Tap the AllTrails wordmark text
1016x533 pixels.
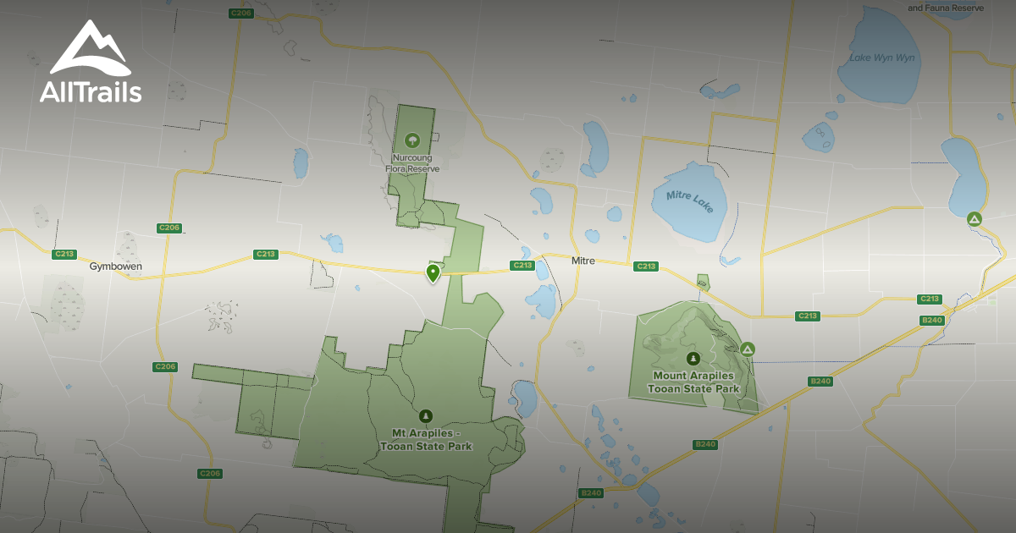91,91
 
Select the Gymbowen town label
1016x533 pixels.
116,266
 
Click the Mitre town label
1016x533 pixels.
583,261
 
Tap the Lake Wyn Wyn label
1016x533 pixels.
882,58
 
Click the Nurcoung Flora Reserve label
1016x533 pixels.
412,163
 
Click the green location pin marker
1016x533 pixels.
433,272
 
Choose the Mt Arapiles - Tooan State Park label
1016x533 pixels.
426,440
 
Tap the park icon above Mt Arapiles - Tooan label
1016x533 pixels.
426,415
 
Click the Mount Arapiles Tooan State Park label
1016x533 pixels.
693,382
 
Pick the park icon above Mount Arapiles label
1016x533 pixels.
693,358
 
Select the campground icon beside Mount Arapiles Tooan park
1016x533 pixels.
748,349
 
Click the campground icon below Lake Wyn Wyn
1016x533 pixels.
975,219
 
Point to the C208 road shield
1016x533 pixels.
241,13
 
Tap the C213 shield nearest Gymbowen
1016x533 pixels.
63,254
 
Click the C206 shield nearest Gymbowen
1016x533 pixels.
169,228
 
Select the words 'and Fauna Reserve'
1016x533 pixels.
946,8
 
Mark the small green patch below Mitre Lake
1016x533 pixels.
702,282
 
